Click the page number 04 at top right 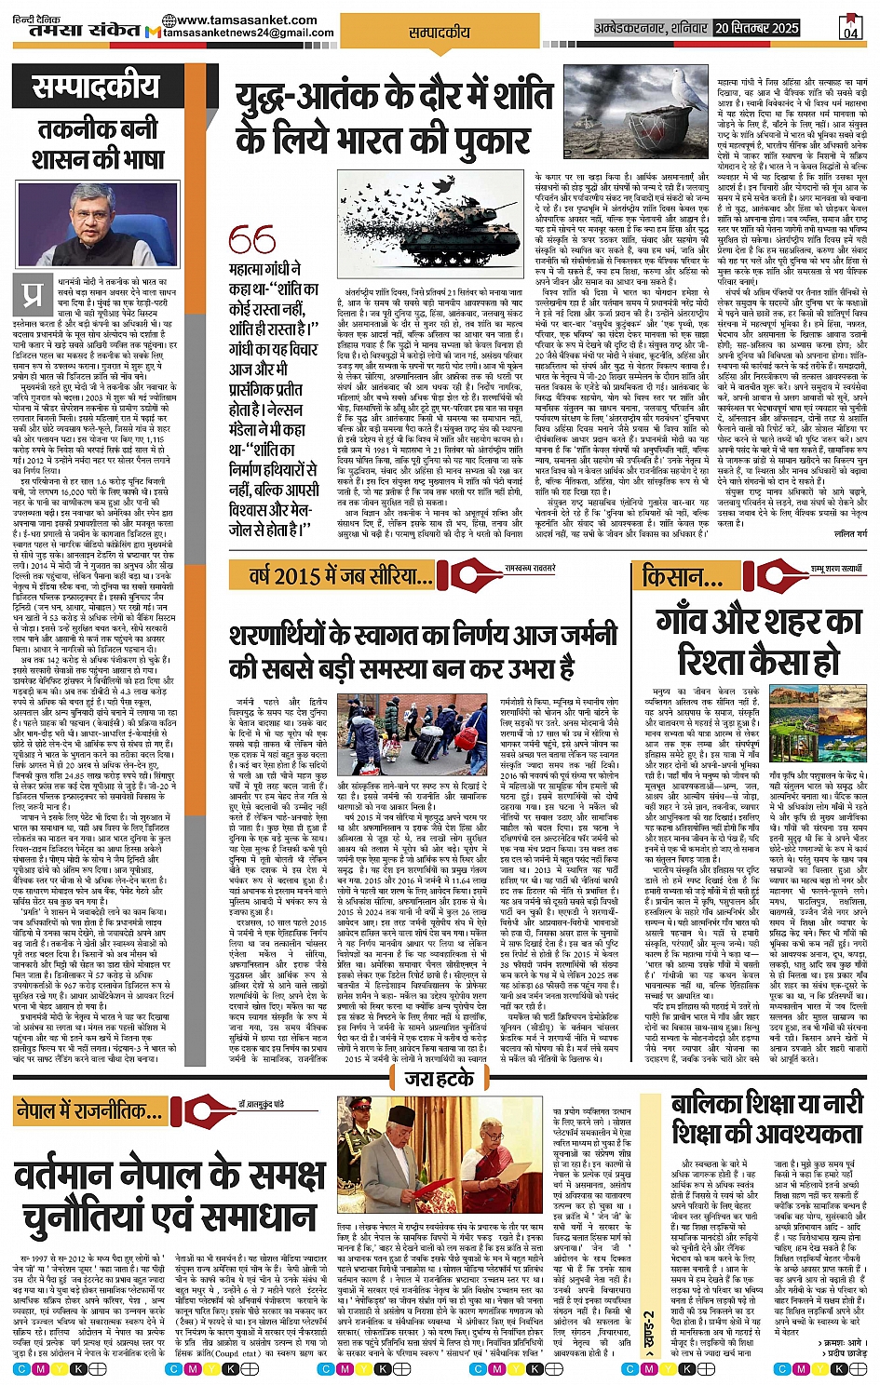pyautogui.click(x=850, y=29)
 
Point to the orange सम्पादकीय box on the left pyautogui.click(x=96, y=88)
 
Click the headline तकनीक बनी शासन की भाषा pyautogui.click(x=99, y=143)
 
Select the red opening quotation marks pyautogui.click(x=251, y=241)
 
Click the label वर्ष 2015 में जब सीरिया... pyautogui.click(x=339, y=575)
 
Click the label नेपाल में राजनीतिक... pyautogui.click(x=88, y=1109)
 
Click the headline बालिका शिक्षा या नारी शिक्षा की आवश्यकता pyautogui.click(x=767, y=1118)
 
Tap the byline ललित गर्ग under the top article pyautogui.click(x=848, y=534)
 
